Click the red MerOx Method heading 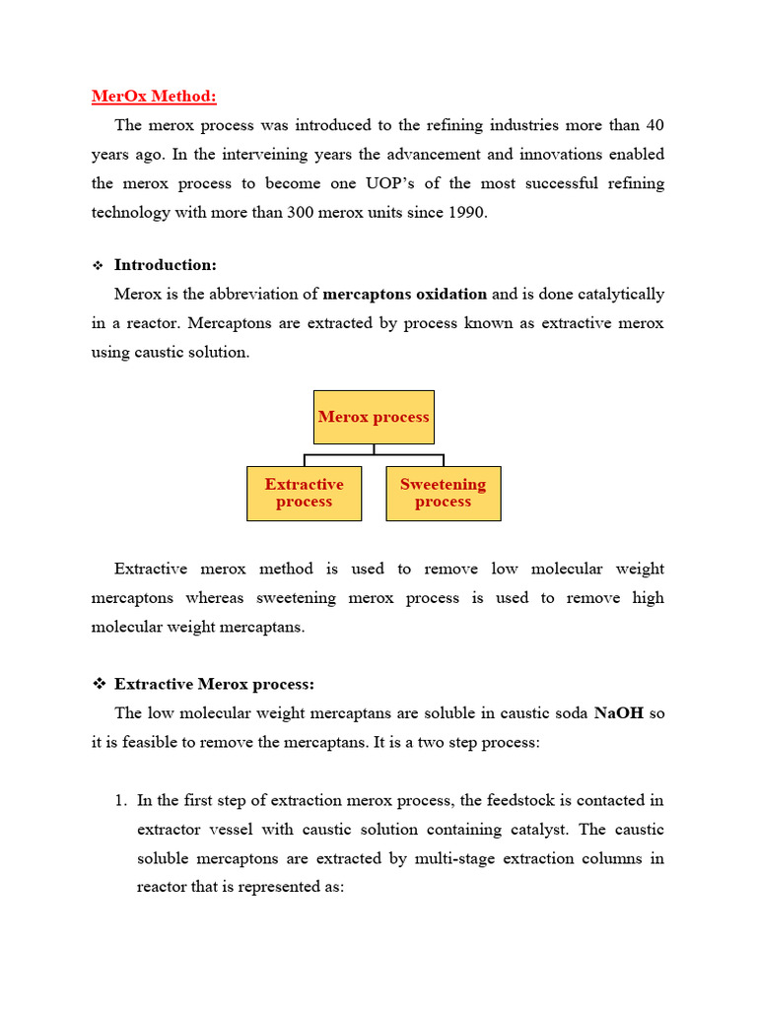[154, 97]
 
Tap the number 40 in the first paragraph [654, 125]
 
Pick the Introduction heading [166, 265]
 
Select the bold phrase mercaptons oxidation [405, 294]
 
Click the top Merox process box [374, 417]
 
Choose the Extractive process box [304, 493]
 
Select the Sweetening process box [443, 493]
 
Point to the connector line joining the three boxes [374, 454]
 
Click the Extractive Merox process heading [214, 684]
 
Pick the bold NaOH [618, 713]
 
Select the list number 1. [120, 801]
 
